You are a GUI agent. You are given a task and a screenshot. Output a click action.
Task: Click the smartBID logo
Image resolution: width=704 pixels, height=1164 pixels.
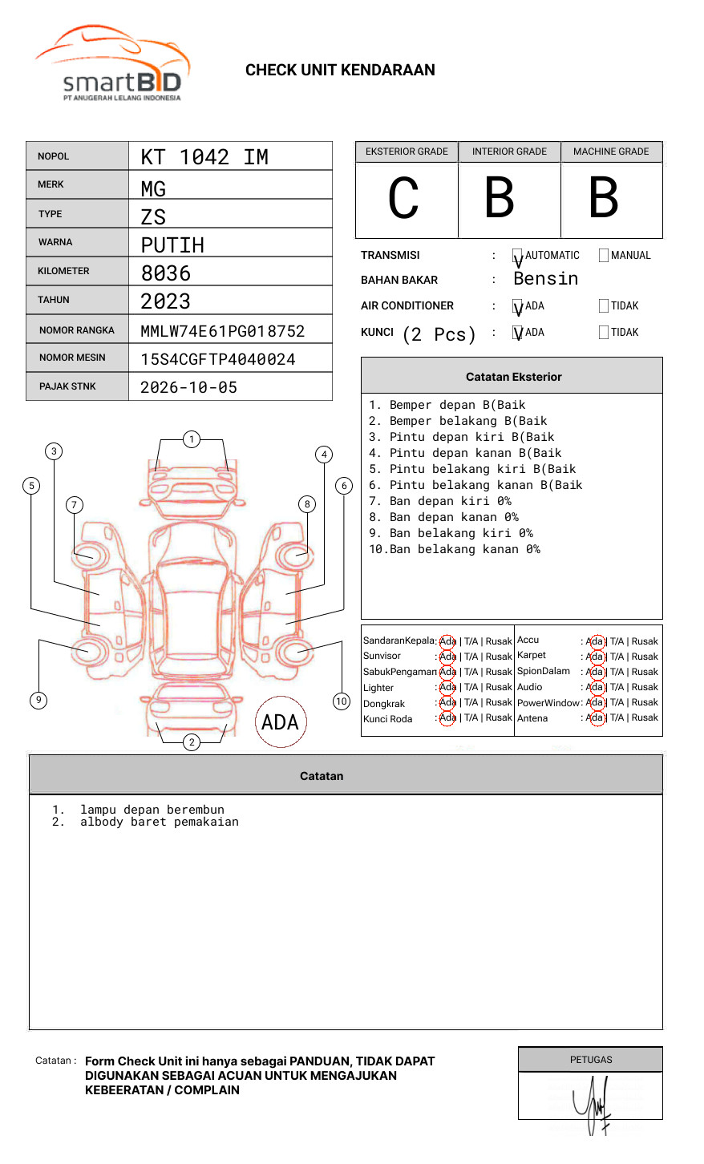112,64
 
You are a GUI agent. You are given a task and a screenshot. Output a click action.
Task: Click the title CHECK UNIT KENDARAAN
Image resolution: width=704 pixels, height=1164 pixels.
340,71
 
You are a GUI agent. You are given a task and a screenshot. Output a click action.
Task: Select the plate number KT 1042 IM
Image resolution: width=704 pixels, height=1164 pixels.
204,157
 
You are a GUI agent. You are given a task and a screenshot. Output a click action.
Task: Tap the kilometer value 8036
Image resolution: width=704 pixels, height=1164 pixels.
166,273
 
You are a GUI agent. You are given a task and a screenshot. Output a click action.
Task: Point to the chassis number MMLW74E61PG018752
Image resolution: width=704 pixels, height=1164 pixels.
222,331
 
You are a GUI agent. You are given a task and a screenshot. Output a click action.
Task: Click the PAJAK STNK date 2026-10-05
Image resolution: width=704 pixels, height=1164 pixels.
188,387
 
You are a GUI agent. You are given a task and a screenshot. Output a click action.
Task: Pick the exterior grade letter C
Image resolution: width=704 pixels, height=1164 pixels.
403,199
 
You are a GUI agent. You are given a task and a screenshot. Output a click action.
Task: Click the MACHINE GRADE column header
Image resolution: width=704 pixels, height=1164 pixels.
611,152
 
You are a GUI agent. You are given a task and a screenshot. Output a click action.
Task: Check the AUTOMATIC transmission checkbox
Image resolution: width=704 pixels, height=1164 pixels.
518,256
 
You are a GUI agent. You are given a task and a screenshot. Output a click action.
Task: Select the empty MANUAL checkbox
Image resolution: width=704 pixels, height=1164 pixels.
604,256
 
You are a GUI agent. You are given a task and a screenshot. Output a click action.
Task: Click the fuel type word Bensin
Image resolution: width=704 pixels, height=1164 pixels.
545,279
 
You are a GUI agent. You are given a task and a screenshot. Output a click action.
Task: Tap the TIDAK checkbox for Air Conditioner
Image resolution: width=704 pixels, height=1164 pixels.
604,306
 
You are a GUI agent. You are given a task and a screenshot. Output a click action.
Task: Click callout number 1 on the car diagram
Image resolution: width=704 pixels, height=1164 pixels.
191,439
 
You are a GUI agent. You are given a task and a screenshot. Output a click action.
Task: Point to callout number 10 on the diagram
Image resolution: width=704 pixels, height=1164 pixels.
342,701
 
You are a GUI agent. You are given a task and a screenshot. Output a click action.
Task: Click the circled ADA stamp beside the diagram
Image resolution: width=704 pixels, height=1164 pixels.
280,722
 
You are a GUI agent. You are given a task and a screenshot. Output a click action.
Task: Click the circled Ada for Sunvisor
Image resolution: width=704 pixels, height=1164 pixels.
447,657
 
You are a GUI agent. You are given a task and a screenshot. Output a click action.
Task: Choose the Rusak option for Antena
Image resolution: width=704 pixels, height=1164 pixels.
645,718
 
